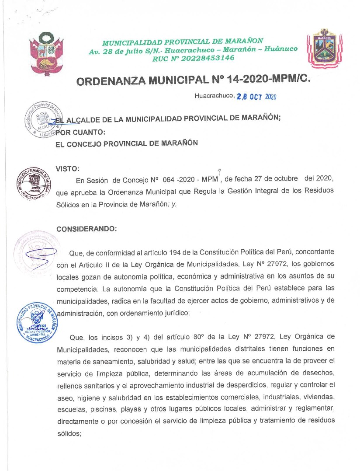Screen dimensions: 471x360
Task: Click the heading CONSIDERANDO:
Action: click(x=83, y=228)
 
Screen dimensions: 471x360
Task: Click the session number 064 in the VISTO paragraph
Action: click(x=169, y=180)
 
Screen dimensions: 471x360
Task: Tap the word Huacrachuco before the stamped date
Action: click(x=214, y=96)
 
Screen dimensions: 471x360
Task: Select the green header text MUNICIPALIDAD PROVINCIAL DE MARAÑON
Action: click(x=183, y=42)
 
